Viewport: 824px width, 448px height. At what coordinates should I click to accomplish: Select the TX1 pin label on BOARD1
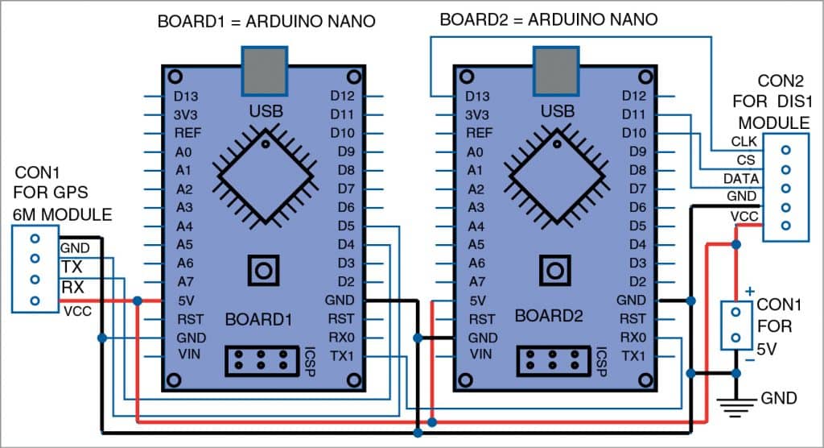tap(342, 355)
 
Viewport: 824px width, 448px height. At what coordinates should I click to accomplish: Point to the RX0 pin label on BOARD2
tap(633, 338)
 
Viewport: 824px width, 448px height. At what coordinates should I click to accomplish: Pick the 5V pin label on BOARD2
tap(476, 301)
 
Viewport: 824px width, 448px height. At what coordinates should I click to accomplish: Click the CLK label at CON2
tap(741, 142)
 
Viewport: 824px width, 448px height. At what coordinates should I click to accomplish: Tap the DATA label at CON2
tap(738, 179)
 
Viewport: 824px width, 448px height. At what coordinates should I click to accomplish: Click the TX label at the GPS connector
tap(69, 267)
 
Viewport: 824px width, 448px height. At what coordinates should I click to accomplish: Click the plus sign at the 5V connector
tap(751, 290)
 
